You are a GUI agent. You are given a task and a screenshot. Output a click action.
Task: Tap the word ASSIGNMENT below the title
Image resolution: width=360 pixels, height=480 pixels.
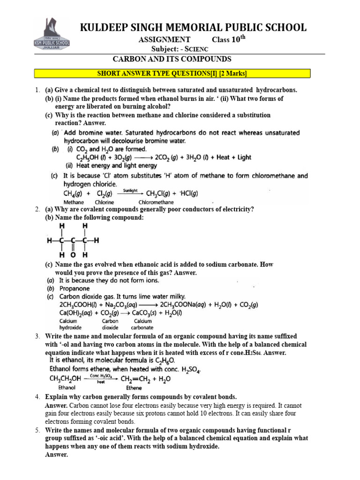click(x=164, y=40)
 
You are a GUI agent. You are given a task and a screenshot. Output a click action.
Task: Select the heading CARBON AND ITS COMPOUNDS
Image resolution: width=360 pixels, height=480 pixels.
click(x=172, y=59)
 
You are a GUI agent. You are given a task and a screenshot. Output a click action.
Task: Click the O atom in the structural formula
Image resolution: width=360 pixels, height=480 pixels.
click(x=74, y=255)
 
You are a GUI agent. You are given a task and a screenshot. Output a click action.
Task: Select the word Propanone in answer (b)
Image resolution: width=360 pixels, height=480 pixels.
click(x=74, y=289)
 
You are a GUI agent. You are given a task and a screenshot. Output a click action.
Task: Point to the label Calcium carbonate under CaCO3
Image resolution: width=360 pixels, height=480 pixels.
click(x=143, y=324)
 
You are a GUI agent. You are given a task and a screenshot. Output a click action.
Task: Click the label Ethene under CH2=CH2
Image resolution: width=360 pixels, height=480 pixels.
click(x=134, y=388)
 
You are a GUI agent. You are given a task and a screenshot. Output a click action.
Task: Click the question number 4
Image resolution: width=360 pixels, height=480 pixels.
click(x=37, y=397)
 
